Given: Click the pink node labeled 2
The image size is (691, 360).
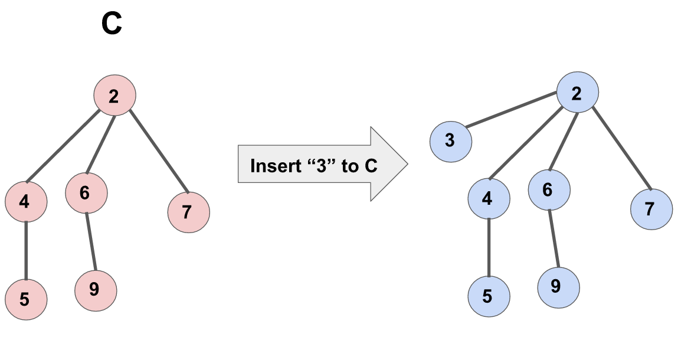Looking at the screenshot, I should [x=115, y=96].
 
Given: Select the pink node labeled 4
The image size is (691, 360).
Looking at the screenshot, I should [x=26, y=202].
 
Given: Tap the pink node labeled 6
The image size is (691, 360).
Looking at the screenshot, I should [x=86, y=192].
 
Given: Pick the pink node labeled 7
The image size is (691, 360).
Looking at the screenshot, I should [x=188, y=211].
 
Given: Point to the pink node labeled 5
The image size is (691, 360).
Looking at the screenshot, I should [x=26, y=299].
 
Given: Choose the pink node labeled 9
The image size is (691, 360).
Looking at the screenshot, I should [x=96, y=290].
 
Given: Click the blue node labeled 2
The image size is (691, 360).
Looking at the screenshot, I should [x=578, y=93].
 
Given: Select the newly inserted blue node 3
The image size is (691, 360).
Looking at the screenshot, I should [x=450, y=140].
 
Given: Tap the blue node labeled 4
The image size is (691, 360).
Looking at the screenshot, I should [x=489, y=198].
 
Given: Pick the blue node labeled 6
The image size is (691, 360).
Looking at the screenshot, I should [x=549, y=189].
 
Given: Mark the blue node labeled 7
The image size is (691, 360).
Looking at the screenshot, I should [x=651, y=209].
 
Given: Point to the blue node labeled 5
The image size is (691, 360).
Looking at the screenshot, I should [x=489, y=296].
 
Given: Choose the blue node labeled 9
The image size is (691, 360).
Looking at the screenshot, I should [x=558, y=287].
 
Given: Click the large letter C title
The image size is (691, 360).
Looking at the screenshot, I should [x=112, y=25].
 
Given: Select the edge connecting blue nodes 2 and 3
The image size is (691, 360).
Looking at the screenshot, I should [x=512, y=110].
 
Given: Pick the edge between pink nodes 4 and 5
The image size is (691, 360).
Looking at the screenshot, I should [x=26, y=250].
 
